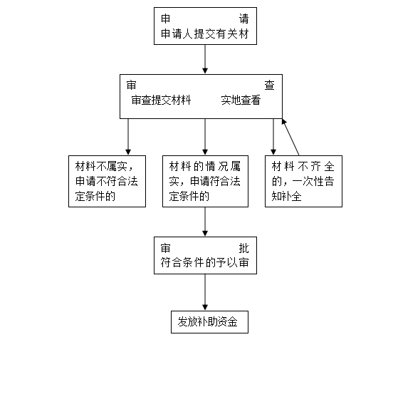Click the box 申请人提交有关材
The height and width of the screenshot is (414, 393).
(205, 26)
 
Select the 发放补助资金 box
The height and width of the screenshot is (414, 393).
(209, 322)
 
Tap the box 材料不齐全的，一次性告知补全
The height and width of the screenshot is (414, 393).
(303, 181)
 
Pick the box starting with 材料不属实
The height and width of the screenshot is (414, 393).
(107, 181)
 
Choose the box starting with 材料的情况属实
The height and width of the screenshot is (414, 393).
(205, 181)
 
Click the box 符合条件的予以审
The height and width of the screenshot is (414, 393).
(205, 255)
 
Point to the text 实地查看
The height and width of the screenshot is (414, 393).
(241, 100)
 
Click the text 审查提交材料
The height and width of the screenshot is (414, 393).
(161, 100)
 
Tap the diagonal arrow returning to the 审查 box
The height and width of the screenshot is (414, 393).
(290, 137)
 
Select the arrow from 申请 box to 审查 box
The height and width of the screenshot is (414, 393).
(205, 59)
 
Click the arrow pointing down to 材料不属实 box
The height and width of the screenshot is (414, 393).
(128, 137)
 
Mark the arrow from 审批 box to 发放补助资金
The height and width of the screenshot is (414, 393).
(205, 292)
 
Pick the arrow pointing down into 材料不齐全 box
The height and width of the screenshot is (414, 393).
(273, 137)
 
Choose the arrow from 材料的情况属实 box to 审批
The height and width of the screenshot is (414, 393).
(205, 222)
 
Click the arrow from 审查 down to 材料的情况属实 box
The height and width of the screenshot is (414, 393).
(205, 137)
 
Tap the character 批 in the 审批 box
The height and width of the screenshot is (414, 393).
(243, 248)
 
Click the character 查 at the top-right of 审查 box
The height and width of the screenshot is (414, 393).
(269, 86)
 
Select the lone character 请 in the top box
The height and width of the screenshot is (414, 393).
(243, 19)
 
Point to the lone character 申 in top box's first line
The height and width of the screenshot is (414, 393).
(166, 19)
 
